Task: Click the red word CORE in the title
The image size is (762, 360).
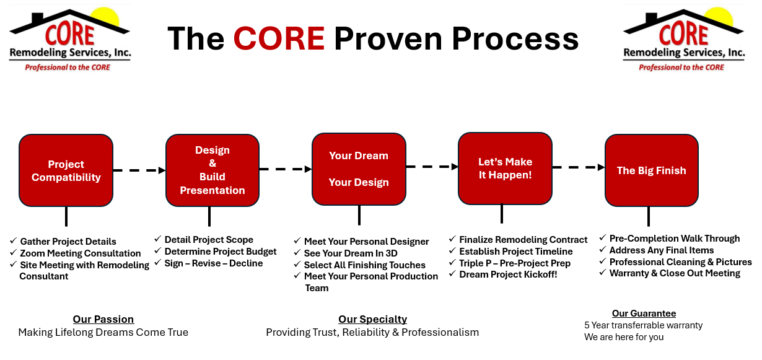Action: [x=279, y=38]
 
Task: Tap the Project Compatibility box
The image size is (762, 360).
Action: [x=66, y=170]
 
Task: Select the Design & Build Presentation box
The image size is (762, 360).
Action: [x=212, y=170]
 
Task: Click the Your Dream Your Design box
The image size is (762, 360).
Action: [x=359, y=169]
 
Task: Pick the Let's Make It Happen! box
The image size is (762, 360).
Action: [x=505, y=169]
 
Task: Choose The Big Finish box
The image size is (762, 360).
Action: [x=652, y=170]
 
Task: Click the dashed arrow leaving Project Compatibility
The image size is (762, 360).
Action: [x=139, y=170]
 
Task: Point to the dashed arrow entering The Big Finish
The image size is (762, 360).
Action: [x=578, y=167]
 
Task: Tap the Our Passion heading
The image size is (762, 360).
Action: [x=103, y=319]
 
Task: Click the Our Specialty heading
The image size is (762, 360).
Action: [x=372, y=319]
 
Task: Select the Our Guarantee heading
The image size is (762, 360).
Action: [x=644, y=314]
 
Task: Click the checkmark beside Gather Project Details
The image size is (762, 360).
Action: [x=13, y=240]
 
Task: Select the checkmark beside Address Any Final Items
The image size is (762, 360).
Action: [x=602, y=250]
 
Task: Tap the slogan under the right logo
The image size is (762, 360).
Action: [x=681, y=68]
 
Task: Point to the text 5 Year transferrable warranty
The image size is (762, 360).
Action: [x=643, y=325]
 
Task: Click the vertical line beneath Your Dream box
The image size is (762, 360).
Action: [x=359, y=215]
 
